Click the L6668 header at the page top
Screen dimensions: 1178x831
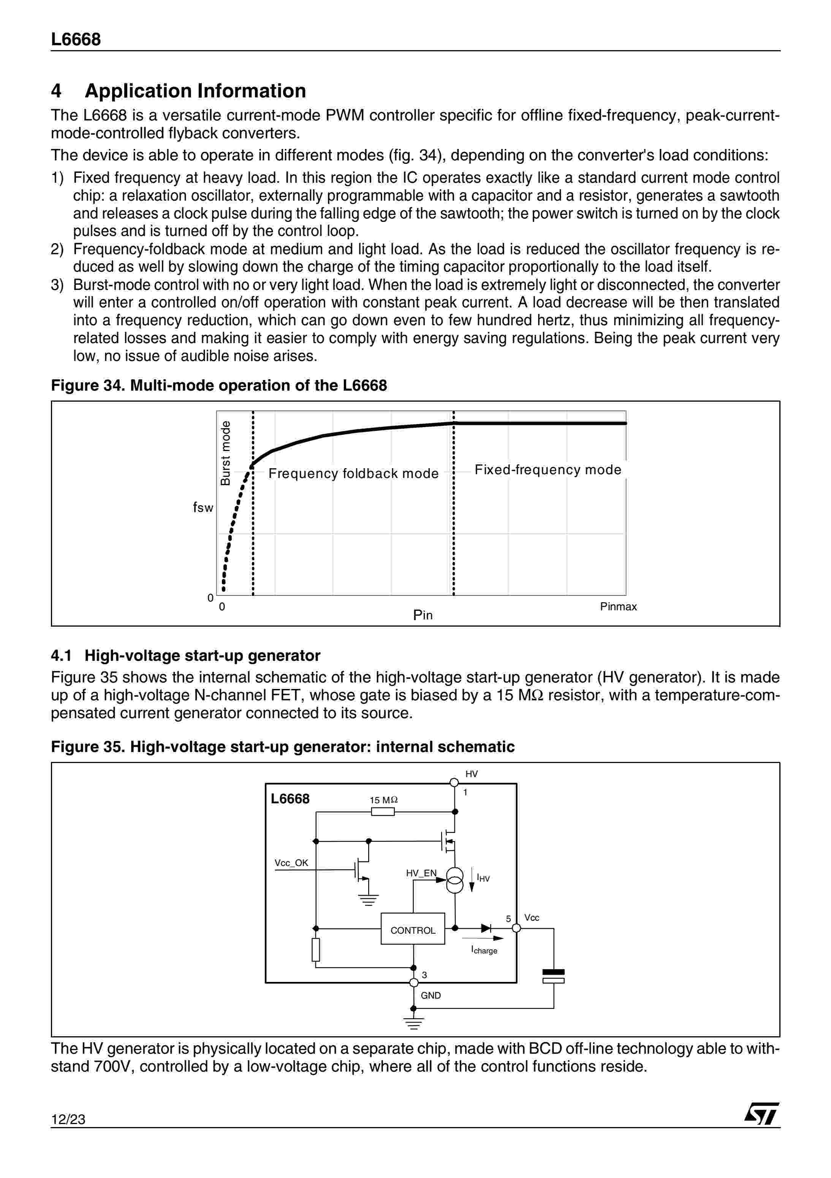[76, 40]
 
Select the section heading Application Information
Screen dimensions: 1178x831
[195, 91]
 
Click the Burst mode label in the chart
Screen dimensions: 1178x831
[225, 453]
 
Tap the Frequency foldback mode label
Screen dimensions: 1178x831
[353, 473]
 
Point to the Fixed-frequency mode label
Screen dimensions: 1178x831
[548, 469]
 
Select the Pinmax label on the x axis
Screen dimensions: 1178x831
[618, 606]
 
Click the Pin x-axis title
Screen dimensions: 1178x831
[423, 615]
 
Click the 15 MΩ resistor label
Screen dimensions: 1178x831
[384, 800]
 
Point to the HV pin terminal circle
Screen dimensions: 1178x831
[454, 782]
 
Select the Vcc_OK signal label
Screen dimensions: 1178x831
[291, 863]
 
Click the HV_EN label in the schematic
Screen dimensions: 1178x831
[421, 873]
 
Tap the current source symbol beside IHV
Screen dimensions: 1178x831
[454, 880]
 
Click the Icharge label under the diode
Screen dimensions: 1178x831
[484, 950]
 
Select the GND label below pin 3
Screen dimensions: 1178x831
[431, 995]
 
